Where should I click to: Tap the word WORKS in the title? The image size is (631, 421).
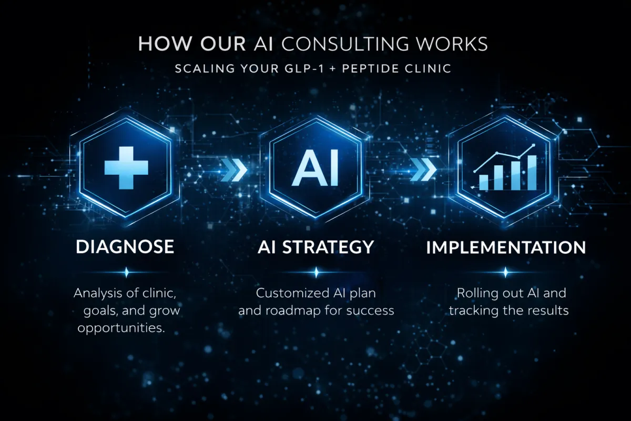pyautogui.click(x=459, y=44)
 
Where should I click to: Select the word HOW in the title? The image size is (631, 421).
pyautogui.click(x=160, y=44)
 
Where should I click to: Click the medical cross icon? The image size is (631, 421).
pyautogui.click(x=126, y=167)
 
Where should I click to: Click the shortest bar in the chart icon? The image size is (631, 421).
pyautogui.click(x=483, y=182)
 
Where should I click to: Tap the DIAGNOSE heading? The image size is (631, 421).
pyautogui.click(x=125, y=247)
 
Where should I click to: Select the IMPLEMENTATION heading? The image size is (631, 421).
pyautogui.click(x=505, y=247)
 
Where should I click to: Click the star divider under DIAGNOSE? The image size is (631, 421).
pyautogui.click(x=126, y=272)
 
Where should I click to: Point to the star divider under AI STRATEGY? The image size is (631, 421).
pyautogui.click(x=315, y=272)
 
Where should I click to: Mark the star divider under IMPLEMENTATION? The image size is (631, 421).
pyautogui.click(x=505, y=272)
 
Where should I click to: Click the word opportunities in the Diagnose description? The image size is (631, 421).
pyautogui.click(x=121, y=328)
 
